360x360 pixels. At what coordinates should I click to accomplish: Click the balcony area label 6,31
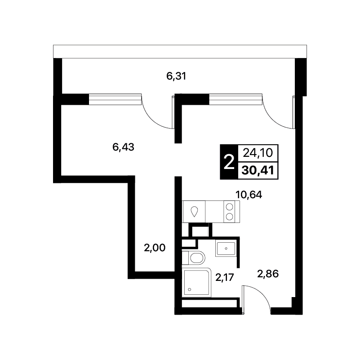click(176, 76)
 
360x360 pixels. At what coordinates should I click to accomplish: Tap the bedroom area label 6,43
click(123, 147)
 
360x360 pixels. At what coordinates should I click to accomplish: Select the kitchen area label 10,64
click(249, 195)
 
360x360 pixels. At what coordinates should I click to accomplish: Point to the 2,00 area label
click(155, 248)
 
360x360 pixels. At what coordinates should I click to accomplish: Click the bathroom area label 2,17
click(225, 277)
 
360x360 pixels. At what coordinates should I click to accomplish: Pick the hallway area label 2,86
click(268, 274)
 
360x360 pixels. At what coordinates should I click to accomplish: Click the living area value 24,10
click(258, 153)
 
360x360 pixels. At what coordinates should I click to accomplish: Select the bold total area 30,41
click(258, 171)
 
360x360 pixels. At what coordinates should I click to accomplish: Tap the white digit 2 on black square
click(229, 162)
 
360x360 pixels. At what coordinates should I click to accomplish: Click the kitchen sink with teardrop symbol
click(194, 212)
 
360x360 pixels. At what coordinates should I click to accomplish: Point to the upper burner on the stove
click(229, 207)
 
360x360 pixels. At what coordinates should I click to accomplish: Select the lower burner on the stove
click(229, 217)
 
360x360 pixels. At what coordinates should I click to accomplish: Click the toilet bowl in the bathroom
click(197, 258)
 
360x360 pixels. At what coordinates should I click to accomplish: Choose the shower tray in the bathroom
click(196, 282)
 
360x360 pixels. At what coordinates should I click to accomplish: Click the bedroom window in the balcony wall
click(115, 99)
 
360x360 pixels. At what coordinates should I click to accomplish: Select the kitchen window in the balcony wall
click(236, 99)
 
